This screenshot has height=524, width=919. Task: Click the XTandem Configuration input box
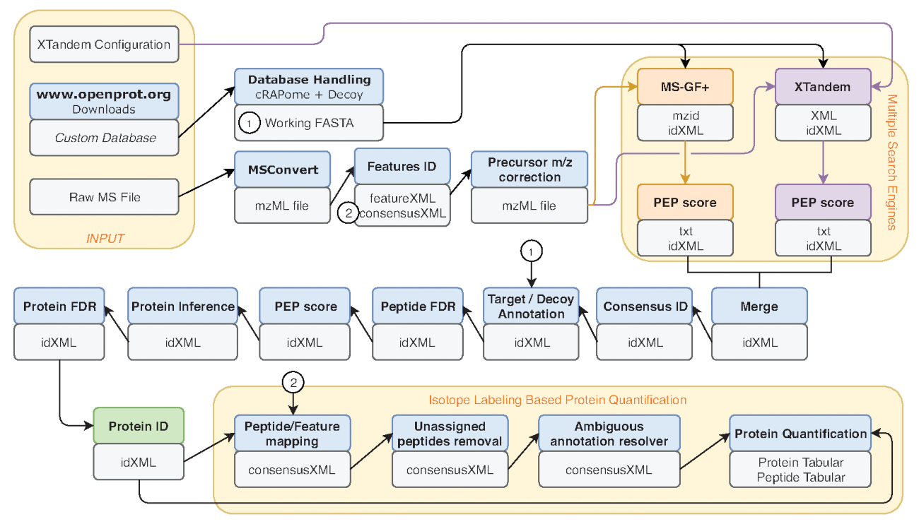[104, 44]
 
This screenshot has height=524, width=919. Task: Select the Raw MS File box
[104, 197]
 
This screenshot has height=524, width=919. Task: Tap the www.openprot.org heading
[104, 95]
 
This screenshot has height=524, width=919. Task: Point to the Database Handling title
[309, 79]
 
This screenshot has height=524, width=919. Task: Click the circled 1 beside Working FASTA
[249, 123]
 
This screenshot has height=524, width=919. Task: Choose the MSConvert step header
[282, 170]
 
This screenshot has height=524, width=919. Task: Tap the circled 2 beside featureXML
[348, 210]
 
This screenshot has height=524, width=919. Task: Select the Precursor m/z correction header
[529, 170]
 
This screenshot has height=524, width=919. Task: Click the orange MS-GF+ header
[685, 86]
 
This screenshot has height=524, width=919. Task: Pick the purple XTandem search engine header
[823, 86]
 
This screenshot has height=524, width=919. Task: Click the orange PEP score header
[685, 202]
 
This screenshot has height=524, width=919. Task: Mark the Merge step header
[759, 306]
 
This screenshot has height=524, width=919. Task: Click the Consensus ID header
[645, 306]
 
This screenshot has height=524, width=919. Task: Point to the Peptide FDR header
[418, 306]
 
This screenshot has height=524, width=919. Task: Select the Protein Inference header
[182, 306]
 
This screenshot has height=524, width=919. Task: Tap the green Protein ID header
[139, 426]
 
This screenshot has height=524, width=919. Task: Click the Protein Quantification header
[800, 434]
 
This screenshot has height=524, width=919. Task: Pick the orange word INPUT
[105, 238]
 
